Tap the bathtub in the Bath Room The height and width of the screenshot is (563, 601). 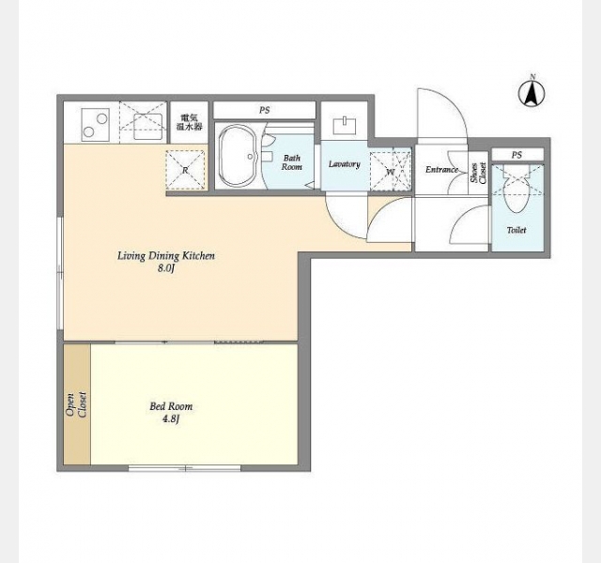click(x=238, y=156)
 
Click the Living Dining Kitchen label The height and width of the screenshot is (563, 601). click(x=166, y=256)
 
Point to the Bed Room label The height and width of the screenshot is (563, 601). click(x=171, y=406)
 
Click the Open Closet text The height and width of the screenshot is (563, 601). click(x=76, y=404)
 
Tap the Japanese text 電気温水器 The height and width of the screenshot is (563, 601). click(x=189, y=122)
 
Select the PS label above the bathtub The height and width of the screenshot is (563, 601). click(x=264, y=111)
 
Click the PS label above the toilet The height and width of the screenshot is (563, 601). click(x=516, y=155)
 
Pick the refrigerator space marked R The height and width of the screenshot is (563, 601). click(x=186, y=170)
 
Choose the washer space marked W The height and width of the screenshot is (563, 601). click(x=391, y=172)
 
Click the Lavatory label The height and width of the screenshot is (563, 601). click(x=345, y=164)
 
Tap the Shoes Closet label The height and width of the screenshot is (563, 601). click(x=478, y=173)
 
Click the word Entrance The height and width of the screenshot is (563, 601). click(x=442, y=169)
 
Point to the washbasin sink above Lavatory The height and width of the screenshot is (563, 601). click(x=345, y=126)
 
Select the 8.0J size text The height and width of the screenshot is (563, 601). click(x=166, y=268)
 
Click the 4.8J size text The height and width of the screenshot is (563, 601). click(x=171, y=419)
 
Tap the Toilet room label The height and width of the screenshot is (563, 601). click(x=516, y=230)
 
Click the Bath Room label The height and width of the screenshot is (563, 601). click(x=292, y=162)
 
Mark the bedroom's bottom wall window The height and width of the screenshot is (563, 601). click(x=184, y=468)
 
